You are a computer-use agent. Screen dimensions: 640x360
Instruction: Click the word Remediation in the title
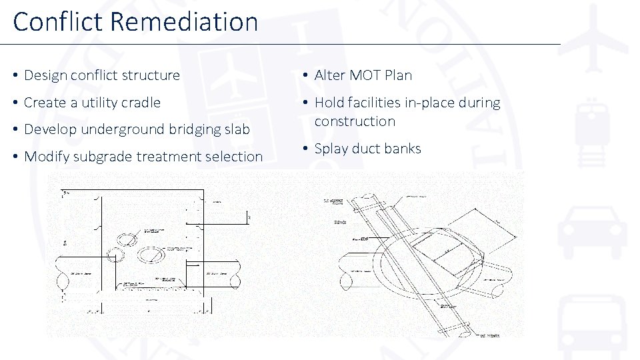click(x=184, y=21)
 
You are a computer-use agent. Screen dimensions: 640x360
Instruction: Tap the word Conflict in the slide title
click(x=58, y=21)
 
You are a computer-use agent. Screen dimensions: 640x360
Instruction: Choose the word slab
click(x=237, y=129)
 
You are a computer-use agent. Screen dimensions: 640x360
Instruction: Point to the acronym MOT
click(x=366, y=75)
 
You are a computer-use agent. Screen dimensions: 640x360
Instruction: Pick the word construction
click(x=355, y=121)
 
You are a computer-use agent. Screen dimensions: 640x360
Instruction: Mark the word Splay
click(x=331, y=149)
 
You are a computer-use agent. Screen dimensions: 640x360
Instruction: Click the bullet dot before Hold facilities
click(x=304, y=103)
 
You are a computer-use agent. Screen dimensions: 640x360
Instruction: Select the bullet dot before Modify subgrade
click(x=14, y=157)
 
